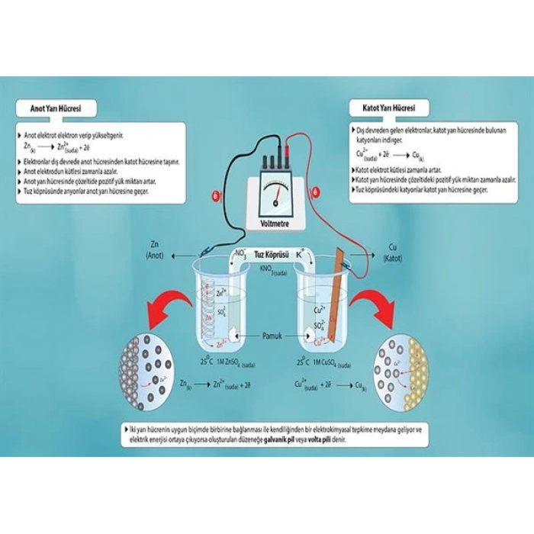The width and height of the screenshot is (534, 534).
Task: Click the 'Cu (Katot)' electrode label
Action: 394,253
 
